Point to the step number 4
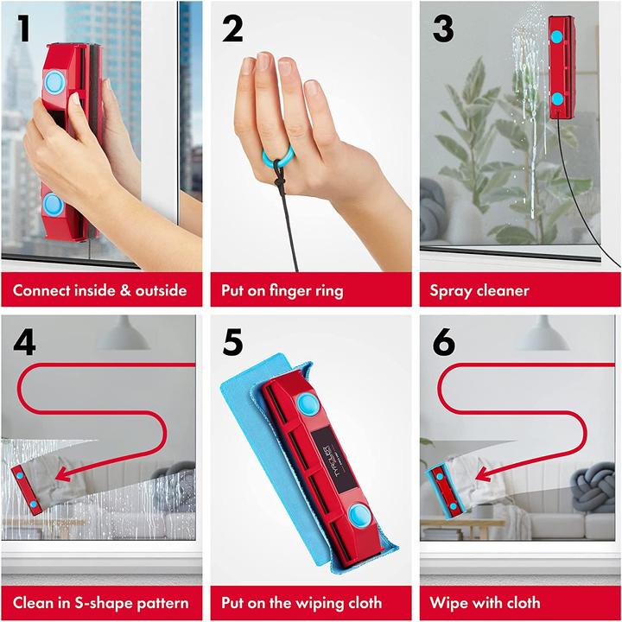click(x=25, y=343)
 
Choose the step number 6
click(x=443, y=343)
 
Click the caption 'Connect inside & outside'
click(x=100, y=290)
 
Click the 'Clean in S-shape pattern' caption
click(x=100, y=602)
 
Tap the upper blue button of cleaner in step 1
click(x=54, y=83)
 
